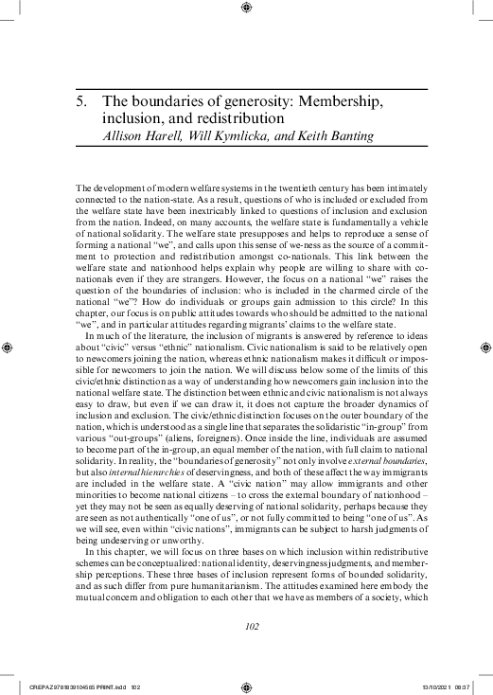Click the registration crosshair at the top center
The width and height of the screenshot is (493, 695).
[246, 9]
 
